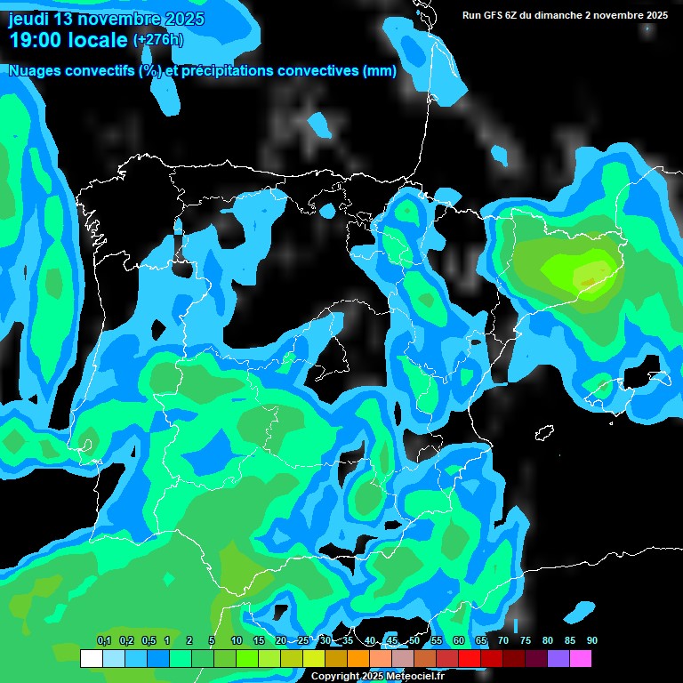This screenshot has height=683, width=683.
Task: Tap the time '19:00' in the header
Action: (x=36, y=40)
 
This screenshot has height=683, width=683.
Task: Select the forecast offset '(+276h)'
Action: (x=158, y=40)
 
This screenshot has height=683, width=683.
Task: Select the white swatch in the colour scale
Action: (x=91, y=658)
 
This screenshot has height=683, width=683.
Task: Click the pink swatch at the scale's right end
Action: (x=581, y=658)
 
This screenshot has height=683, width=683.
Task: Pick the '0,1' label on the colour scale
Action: (x=104, y=641)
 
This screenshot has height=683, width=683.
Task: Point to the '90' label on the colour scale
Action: (x=592, y=641)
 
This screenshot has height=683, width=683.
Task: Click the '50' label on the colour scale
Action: (x=414, y=641)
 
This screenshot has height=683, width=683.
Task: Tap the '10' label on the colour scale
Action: (x=237, y=641)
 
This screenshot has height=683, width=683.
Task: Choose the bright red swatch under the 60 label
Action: (x=470, y=658)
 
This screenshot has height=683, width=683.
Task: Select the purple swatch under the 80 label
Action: (x=558, y=658)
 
